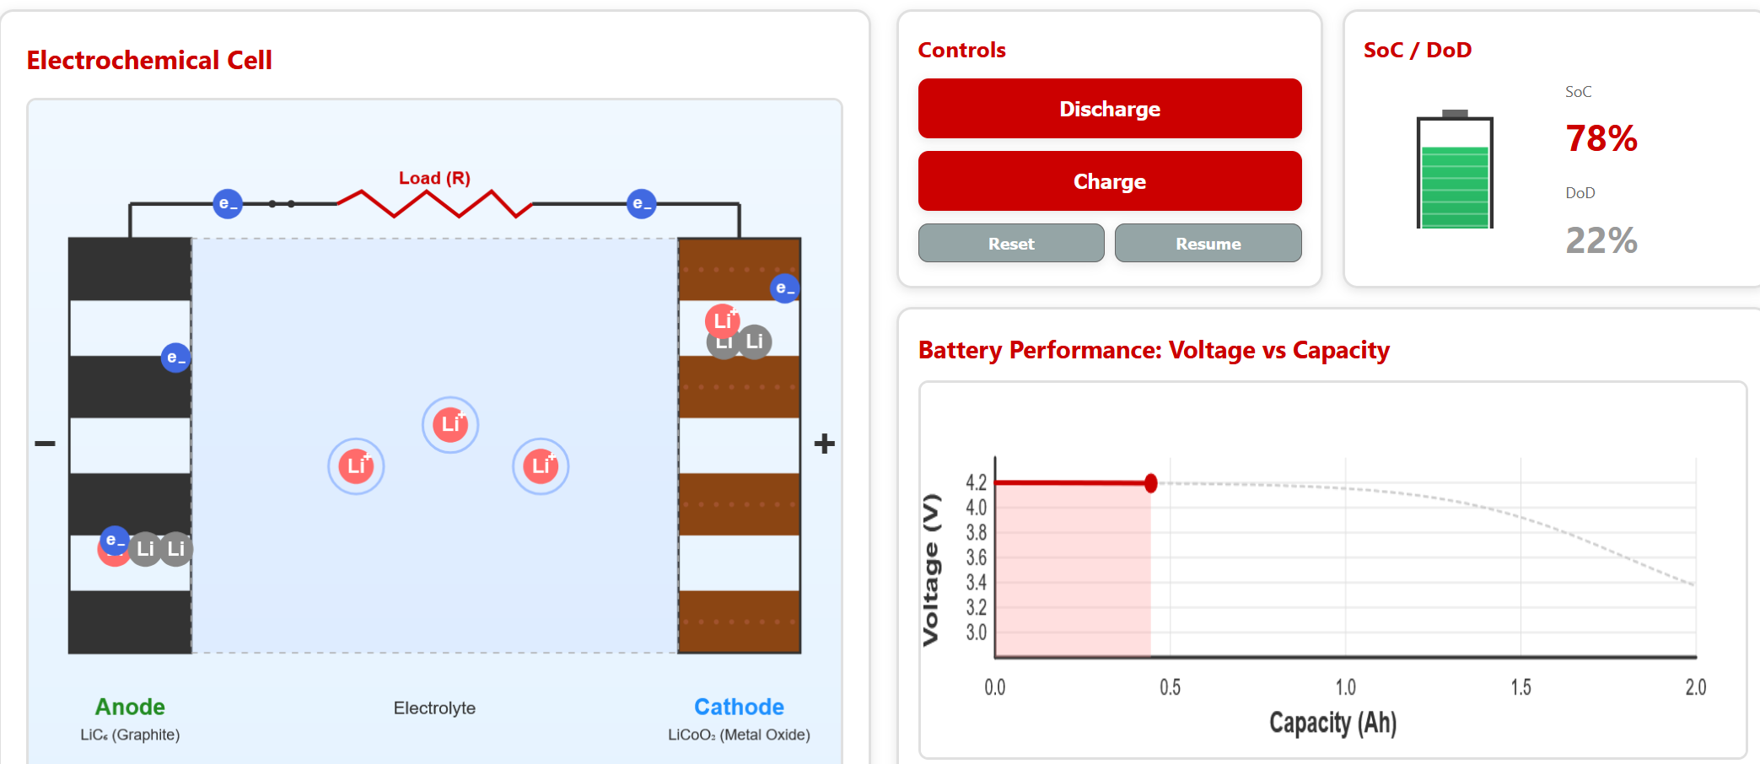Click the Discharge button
coord(1109,109)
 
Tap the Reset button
coord(1010,244)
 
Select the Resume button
coord(1208,244)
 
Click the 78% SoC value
coord(1601,139)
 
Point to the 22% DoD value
coord(1601,241)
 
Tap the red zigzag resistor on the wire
coord(434,204)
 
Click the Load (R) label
coord(434,178)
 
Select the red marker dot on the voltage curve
coord(1150,483)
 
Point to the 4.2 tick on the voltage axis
coord(976,482)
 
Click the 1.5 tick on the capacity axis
coord(1520,687)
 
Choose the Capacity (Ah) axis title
coord(1332,723)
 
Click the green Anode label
coord(130,707)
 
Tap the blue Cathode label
coord(739,707)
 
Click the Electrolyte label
coord(434,708)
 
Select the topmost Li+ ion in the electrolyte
coord(450,424)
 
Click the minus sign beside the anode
coord(45,444)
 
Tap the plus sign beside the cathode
coord(824,444)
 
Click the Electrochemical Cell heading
coord(149,61)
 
